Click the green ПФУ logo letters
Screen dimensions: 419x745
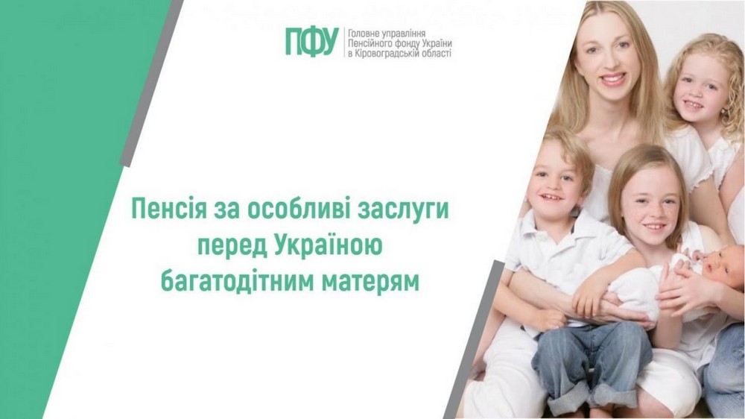coord(312,42)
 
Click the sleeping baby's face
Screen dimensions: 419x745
coord(721,266)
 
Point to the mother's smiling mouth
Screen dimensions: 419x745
coord(613,77)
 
